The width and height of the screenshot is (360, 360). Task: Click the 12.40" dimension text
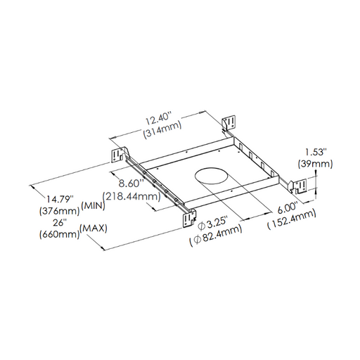[x=159, y=119]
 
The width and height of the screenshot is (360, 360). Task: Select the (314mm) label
[x=162, y=129]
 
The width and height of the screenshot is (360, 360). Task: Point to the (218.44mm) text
[x=132, y=196]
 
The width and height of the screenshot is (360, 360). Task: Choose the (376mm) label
[x=60, y=211]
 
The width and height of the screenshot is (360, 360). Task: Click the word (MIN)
[x=93, y=205]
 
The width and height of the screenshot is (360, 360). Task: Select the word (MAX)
[x=94, y=228]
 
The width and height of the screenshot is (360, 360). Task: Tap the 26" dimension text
[x=58, y=222]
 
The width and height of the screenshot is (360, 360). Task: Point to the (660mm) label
[x=60, y=234]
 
